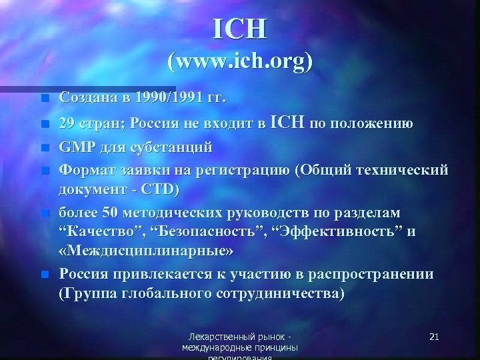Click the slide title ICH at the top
(x=240, y=28)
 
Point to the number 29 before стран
(x=67, y=123)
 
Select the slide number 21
(x=434, y=337)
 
